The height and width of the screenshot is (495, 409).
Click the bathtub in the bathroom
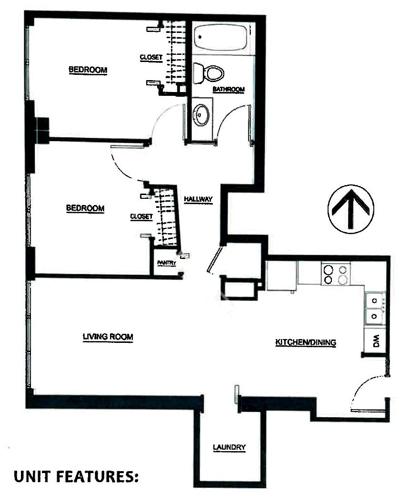(x=220, y=38)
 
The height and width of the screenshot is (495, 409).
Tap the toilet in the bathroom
(x=208, y=73)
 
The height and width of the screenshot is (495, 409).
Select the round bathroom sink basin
(x=201, y=114)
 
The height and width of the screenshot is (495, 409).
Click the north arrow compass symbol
(x=351, y=209)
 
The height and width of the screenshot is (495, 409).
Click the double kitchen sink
(x=375, y=309)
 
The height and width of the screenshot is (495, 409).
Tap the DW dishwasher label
(x=377, y=341)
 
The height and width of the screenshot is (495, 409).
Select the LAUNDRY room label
(x=229, y=447)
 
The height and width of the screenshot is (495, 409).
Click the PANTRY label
(x=167, y=263)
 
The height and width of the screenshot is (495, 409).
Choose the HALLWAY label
(x=198, y=199)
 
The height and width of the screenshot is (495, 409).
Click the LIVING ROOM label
(x=108, y=337)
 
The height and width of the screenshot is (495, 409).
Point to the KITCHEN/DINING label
(x=306, y=342)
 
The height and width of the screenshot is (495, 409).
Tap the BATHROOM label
(x=229, y=89)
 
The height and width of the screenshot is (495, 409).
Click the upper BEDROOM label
(x=88, y=70)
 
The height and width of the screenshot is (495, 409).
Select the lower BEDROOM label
(x=85, y=208)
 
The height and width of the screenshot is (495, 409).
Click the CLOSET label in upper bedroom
(x=151, y=57)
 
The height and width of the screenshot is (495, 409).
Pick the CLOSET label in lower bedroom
(x=141, y=217)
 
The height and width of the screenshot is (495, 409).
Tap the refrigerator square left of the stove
(x=281, y=275)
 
